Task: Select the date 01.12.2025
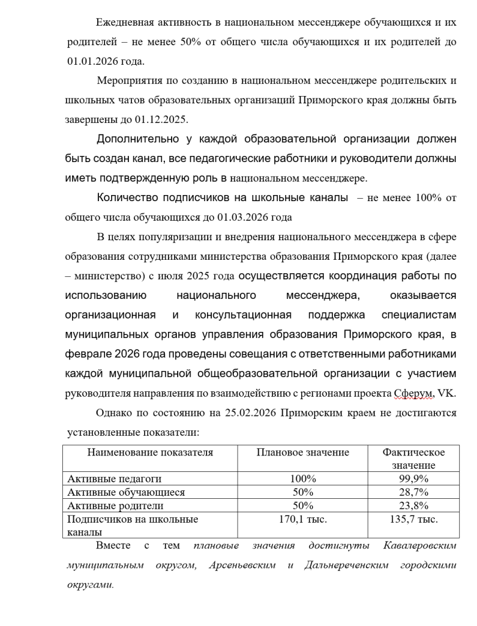pyautogui.click(x=164, y=119)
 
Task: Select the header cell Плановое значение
pyautogui.click(x=302, y=452)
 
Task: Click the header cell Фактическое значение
pyautogui.click(x=413, y=458)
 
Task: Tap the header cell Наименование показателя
pyautogui.click(x=150, y=452)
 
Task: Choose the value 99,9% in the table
pyautogui.click(x=413, y=479)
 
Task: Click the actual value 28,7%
pyautogui.click(x=413, y=492)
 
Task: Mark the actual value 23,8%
pyautogui.click(x=413, y=506)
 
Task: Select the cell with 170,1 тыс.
pyautogui.click(x=302, y=519)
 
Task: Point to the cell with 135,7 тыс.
pyautogui.click(x=413, y=519)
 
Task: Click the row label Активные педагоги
pyautogui.click(x=114, y=479)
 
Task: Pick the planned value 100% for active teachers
pyautogui.click(x=302, y=479)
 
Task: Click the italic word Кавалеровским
pyautogui.click(x=420, y=545)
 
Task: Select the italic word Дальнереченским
pyautogui.click(x=346, y=565)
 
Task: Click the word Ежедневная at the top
pyautogui.click(x=125, y=23)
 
